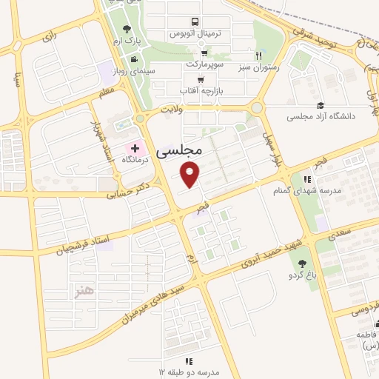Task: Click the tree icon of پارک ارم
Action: click(x=127, y=29)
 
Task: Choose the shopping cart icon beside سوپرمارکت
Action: click(x=204, y=53)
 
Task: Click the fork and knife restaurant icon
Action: click(x=258, y=55)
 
